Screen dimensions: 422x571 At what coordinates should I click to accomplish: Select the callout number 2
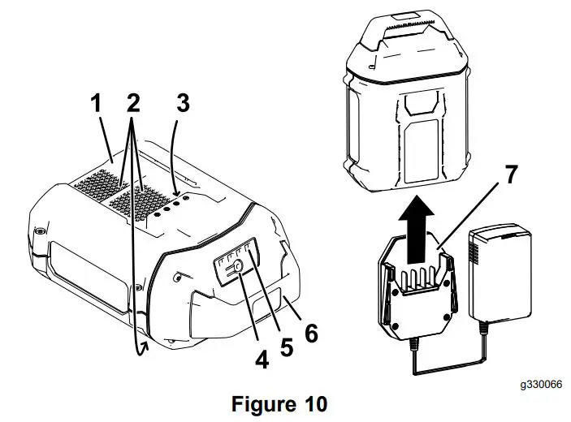(x=133, y=105)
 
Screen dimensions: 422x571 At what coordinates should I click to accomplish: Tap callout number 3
(x=184, y=105)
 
